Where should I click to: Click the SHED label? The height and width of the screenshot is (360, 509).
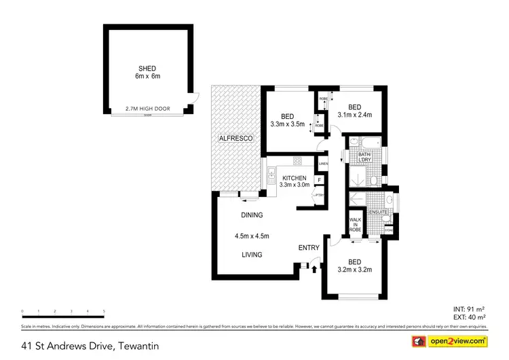tap(147, 68)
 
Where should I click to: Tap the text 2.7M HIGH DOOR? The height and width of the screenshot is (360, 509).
tap(147, 109)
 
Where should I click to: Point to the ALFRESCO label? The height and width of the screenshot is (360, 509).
tap(235, 139)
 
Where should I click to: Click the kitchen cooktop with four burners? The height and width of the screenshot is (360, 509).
tap(297, 162)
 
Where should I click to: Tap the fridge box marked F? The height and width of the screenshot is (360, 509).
tap(318, 180)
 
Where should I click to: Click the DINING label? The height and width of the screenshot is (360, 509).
tap(251, 215)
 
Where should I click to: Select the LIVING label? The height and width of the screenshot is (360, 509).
tap(251, 255)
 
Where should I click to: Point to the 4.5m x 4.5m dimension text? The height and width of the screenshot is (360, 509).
tap(252, 236)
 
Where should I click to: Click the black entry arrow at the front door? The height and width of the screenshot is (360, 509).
tap(314, 270)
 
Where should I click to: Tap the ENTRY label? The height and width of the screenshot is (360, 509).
tap(309, 248)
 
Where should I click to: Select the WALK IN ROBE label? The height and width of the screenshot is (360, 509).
tap(355, 225)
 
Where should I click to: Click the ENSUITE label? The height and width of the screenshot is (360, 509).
tap(378, 213)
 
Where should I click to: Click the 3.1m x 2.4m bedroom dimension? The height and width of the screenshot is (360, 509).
tap(355, 115)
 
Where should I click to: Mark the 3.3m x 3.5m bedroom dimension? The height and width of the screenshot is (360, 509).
tap(287, 124)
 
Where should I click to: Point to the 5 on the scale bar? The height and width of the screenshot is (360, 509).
tap(104, 311)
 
